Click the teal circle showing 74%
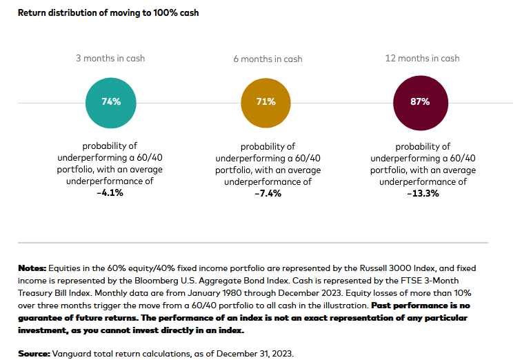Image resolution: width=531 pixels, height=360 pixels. (x=110, y=102)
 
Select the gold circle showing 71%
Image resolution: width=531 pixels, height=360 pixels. (x=265, y=102)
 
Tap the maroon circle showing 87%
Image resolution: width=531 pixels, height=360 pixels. (x=420, y=102)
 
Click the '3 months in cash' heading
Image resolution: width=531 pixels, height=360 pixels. (x=110, y=59)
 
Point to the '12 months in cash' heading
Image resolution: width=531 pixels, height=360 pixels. (x=422, y=59)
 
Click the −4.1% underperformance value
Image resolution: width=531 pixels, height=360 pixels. (x=110, y=194)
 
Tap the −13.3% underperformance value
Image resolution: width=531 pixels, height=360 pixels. (x=422, y=194)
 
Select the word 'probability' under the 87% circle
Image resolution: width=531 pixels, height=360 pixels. (x=422, y=146)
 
